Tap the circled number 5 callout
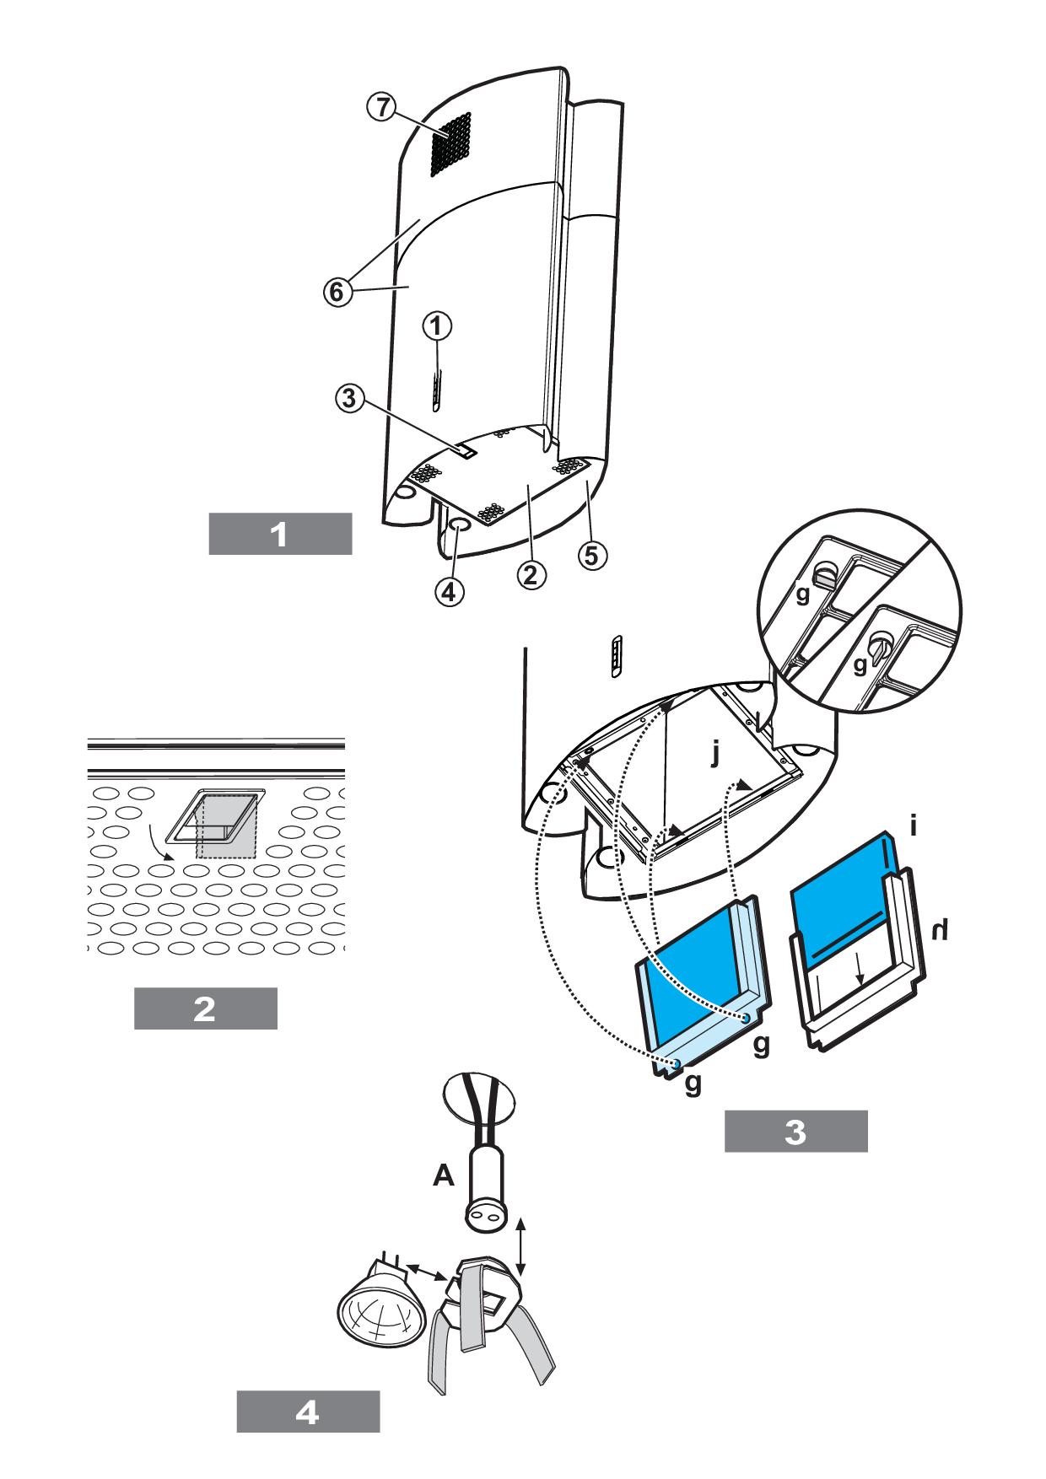(x=592, y=554)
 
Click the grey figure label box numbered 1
(x=280, y=534)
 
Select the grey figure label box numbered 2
(x=205, y=1008)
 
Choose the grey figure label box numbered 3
(x=795, y=1132)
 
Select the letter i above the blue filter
(x=914, y=826)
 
